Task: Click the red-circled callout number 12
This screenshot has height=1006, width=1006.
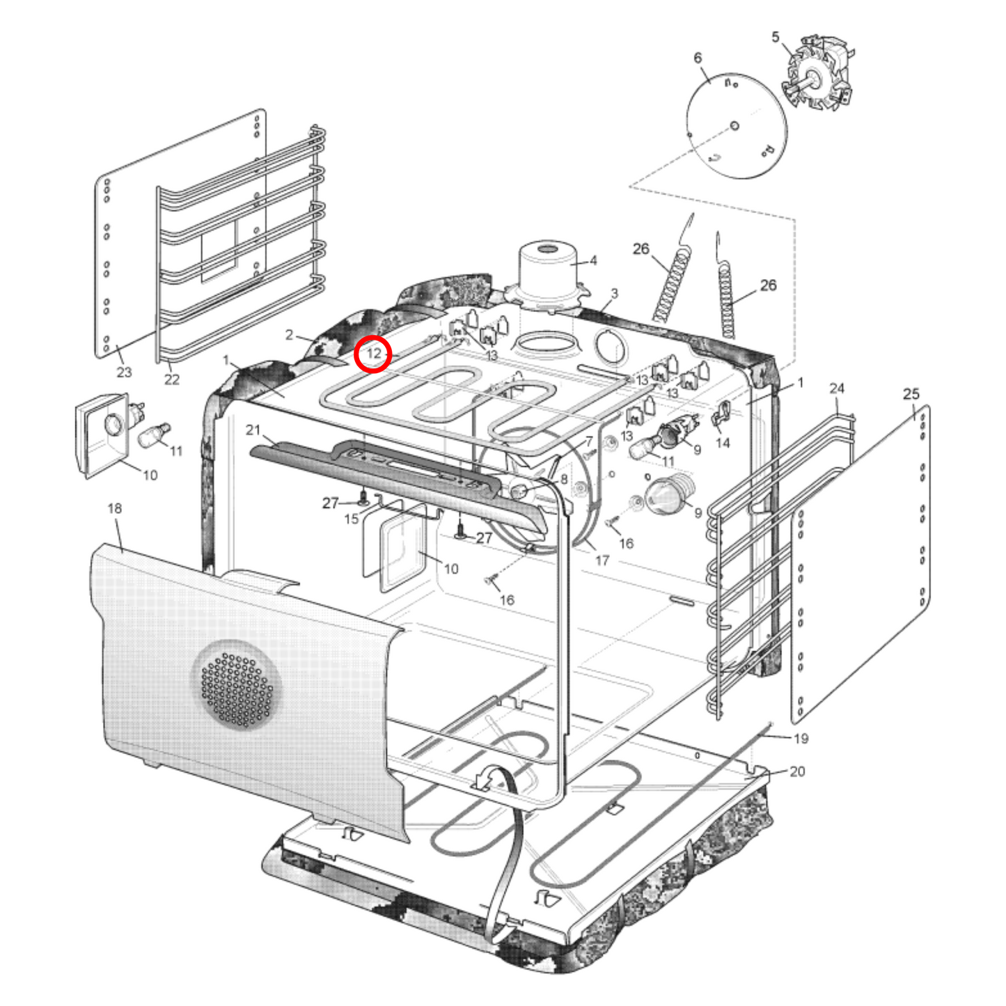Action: click(x=374, y=354)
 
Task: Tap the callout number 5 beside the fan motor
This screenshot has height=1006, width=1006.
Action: click(x=776, y=37)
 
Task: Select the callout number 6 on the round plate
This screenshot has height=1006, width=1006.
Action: click(x=698, y=58)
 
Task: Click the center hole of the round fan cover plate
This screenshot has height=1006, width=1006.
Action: click(x=734, y=126)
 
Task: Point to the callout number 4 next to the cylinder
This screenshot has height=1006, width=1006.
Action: click(x=593, y=260)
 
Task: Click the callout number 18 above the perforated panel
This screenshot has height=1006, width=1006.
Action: click(x=115, y=508)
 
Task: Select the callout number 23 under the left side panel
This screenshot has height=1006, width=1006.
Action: click(x=124, y=372)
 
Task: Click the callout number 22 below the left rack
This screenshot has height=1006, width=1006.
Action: click(x=172, y=379)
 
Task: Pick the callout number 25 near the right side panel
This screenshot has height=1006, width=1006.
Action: click(x=911, y=393)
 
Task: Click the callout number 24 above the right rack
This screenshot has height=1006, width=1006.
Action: click(x=837, y=388)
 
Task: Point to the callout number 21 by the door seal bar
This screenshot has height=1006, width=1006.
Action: click(x=253, y=430)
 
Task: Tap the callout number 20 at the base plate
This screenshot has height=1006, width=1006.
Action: click(x=797, y=771)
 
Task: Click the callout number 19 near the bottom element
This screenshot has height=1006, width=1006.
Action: click(x=801, y=738)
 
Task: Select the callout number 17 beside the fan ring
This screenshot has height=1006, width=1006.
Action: click(x=602, y=560)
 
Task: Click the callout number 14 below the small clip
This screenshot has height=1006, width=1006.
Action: click(x=723, y=443)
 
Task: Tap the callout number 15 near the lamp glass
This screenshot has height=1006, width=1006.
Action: click(x=352, y=519)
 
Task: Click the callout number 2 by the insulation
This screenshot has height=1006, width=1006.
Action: click(x=289, y=335)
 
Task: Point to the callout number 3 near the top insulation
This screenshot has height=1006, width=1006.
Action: click(x=614, y=293)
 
